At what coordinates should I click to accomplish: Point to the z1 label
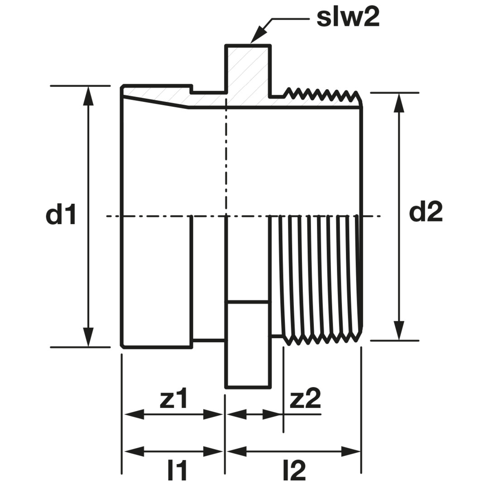coord(173,398)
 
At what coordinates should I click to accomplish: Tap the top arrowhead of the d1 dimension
coord(89,96)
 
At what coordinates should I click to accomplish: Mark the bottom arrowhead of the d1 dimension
coord(89,336)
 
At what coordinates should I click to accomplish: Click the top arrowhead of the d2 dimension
coord(398,103)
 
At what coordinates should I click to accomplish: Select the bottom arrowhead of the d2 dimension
coord(398,330)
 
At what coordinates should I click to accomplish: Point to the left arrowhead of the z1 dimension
coord(134,415)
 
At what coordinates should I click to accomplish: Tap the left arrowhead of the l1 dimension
coord(134,451)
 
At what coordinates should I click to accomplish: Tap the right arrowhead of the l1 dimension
coord(213,451)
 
